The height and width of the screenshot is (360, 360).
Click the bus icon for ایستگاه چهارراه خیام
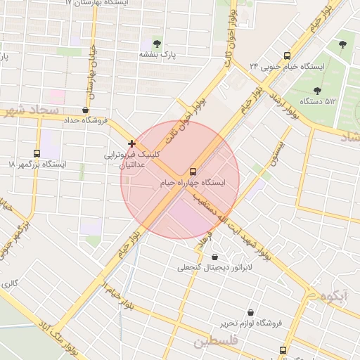(193, 172)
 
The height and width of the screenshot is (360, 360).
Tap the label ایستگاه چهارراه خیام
(193, 183)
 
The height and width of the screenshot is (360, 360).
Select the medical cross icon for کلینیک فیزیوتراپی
(132, 143)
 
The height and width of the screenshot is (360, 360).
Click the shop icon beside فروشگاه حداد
(86, 110)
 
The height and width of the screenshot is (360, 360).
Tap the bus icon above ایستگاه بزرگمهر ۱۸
(37, 153)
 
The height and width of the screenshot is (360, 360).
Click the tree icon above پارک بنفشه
(157, 44)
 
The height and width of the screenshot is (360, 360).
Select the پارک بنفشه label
(156, 54)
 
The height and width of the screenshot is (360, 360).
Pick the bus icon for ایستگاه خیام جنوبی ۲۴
(287, 56)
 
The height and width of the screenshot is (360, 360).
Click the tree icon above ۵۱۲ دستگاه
(317, 91)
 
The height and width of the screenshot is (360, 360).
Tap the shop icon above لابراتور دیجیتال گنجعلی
(214, 257)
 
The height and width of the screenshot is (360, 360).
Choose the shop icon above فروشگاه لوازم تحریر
(250, 312)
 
